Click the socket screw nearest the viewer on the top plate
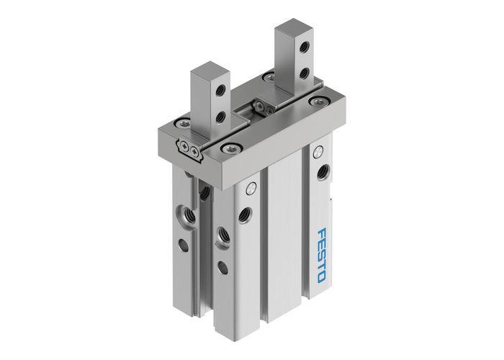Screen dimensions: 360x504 230,148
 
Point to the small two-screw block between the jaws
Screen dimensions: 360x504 261,107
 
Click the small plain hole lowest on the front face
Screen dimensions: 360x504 223,269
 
